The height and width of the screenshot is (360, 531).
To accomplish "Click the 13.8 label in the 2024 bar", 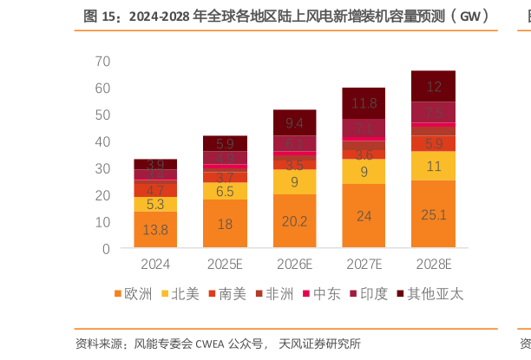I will click(x=156, y=230).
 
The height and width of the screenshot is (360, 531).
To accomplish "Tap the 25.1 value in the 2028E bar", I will click(x=434, y=214).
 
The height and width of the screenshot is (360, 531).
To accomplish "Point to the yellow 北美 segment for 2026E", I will click(x=295, y=181).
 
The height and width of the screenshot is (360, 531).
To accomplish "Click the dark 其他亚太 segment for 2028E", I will click(x=434, y=86).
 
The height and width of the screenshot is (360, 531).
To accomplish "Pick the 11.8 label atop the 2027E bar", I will click(x=364, y=104).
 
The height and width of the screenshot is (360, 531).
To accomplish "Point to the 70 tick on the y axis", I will click(x=102, y=61).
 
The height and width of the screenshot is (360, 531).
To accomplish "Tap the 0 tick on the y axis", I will click(x=106, y=249).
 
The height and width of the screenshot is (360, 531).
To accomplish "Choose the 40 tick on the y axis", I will click(x=102, y=141).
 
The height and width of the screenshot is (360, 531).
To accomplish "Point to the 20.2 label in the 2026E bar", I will click(x=295, y=221).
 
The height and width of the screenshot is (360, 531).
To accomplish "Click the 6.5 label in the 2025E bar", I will click(x=226, y=191).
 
